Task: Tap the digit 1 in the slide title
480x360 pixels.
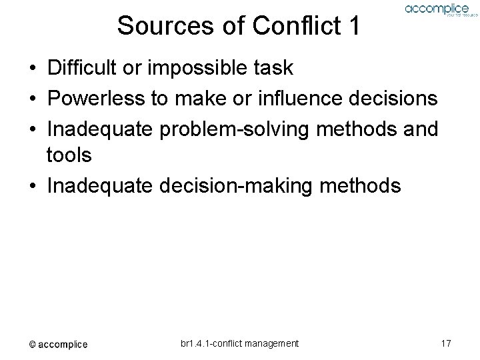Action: tap(353, 26)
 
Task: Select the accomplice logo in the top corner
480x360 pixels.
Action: tap(437, 10)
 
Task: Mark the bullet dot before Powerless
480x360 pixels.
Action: tap(32, 99)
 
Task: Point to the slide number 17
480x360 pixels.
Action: tap(447, 343)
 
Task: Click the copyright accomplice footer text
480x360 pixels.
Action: tap(58, 344)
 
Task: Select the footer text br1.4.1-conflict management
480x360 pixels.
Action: tap(239, 343)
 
